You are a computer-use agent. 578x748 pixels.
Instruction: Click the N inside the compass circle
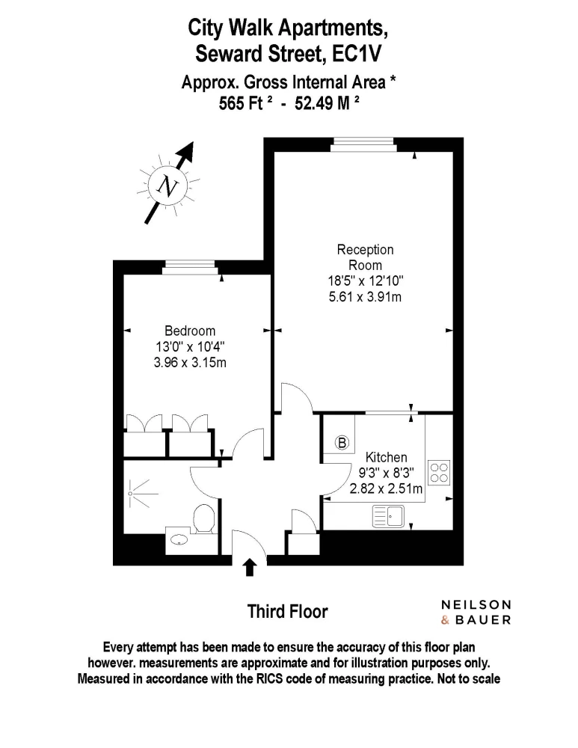168,186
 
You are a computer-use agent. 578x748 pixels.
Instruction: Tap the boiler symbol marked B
342,443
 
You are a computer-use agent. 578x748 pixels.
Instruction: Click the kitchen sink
388,516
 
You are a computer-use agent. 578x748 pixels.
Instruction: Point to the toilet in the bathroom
203,519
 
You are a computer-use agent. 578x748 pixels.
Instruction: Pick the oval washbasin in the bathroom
179,540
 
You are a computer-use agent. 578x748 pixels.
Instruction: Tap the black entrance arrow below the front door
250,568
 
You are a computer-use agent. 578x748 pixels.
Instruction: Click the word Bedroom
190,331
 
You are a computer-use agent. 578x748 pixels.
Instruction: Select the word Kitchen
387,458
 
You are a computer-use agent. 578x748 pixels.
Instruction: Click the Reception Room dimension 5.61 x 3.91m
365,297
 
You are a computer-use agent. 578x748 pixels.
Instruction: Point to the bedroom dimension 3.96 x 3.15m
190,363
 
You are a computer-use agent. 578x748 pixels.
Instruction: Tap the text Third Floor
288,612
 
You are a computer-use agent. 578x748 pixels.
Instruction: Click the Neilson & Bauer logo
476,613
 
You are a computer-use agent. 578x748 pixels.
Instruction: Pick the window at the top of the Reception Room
363,144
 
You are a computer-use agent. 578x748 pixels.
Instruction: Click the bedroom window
190,268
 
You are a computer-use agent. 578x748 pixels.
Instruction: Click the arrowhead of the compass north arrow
188,150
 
